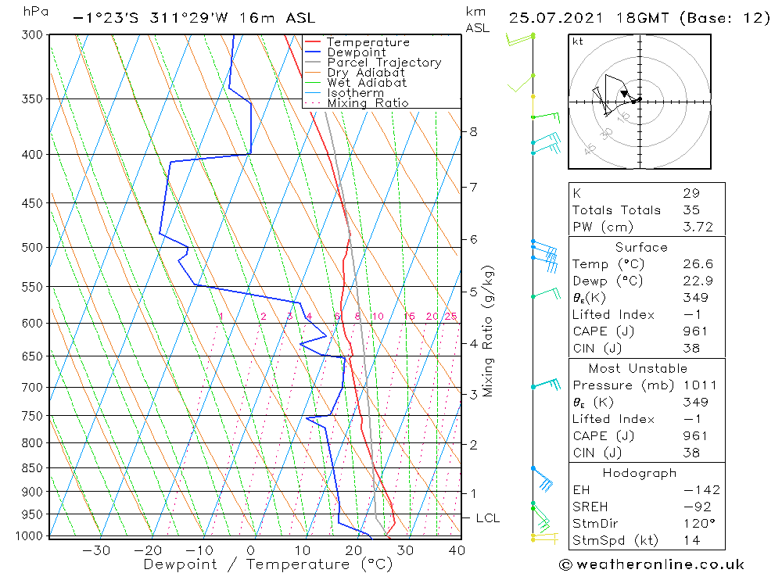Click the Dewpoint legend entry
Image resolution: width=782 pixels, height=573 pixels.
click(356, 52)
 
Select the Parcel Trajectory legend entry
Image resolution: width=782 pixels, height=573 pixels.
click(383, 63)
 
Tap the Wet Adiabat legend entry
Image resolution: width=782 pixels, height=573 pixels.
click(367, 82)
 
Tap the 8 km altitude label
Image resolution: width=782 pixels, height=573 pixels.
click(473, 131)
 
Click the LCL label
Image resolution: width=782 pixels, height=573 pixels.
click(487, 518)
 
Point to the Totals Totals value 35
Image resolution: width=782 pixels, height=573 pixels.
click(691, 210)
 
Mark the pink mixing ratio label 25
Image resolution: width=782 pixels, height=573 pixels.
click(450, 317)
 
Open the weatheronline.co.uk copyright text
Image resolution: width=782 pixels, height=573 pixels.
click(651, 564)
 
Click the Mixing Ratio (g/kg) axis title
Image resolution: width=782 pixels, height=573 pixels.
click(489, 331)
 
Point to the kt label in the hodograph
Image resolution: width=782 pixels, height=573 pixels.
click(577, 41)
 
